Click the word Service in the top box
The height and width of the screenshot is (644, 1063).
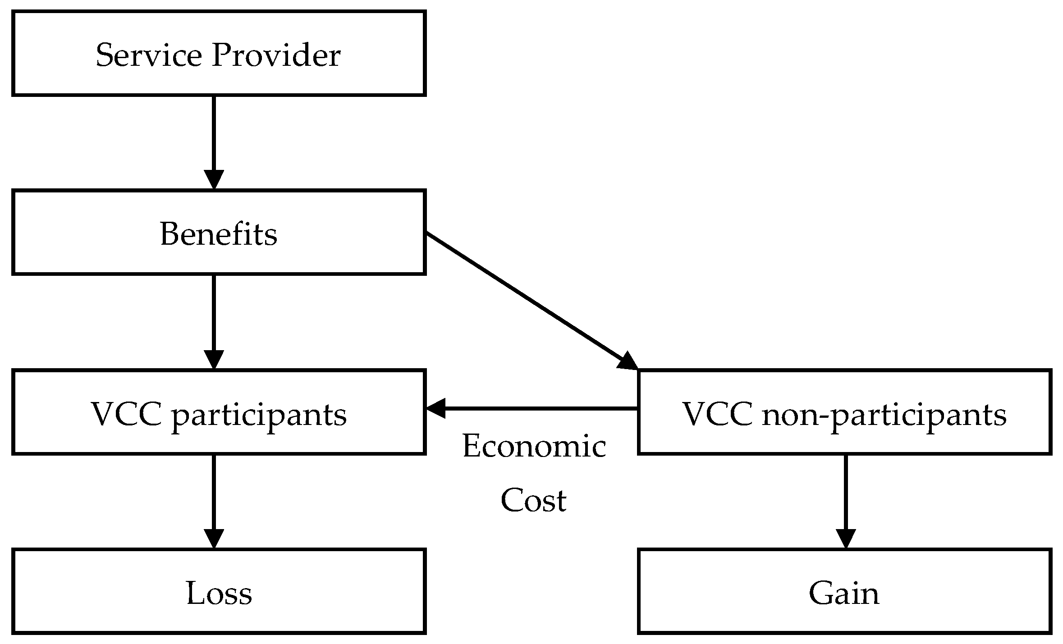[148, 55]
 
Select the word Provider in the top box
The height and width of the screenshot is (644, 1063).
[276, 55]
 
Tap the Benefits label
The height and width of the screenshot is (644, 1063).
[219, 234]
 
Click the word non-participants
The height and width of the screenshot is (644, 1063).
[884, 415]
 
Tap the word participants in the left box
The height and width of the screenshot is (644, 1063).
[259, 415]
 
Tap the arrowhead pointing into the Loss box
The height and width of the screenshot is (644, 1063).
[214, 539]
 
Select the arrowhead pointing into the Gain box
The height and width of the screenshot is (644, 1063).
[845, 539]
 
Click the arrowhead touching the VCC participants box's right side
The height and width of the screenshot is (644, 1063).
[436, 408]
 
